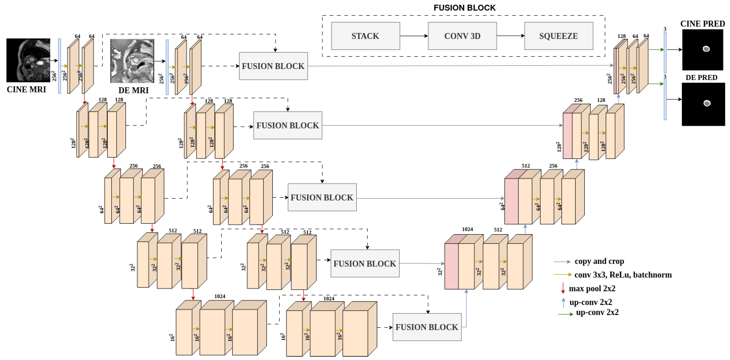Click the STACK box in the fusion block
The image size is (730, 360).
(x=365, y=36)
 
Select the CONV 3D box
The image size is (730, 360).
(x=462, y=36)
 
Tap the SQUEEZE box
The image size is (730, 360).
(x=558, y=36)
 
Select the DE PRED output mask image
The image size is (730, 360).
(x=703, y=104)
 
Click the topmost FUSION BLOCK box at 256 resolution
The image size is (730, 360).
(x=273, y=66)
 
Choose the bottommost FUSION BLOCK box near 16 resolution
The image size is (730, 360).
(x=427, y=327)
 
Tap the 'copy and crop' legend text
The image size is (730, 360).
(x=599, y=261)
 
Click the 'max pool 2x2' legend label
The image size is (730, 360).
(x=592, y=288)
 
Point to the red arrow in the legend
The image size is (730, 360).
(x=563, y=288)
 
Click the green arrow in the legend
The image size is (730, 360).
(x=565, y=314)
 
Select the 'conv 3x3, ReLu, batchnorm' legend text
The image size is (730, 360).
(x=623, y=275)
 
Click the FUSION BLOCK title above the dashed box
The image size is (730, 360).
(x=464, y=8)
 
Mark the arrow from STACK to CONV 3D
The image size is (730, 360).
(x=414, y=36)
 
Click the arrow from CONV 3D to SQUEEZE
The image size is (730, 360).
(x=510, y=36)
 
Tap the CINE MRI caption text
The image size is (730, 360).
(x=26, y=89)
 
